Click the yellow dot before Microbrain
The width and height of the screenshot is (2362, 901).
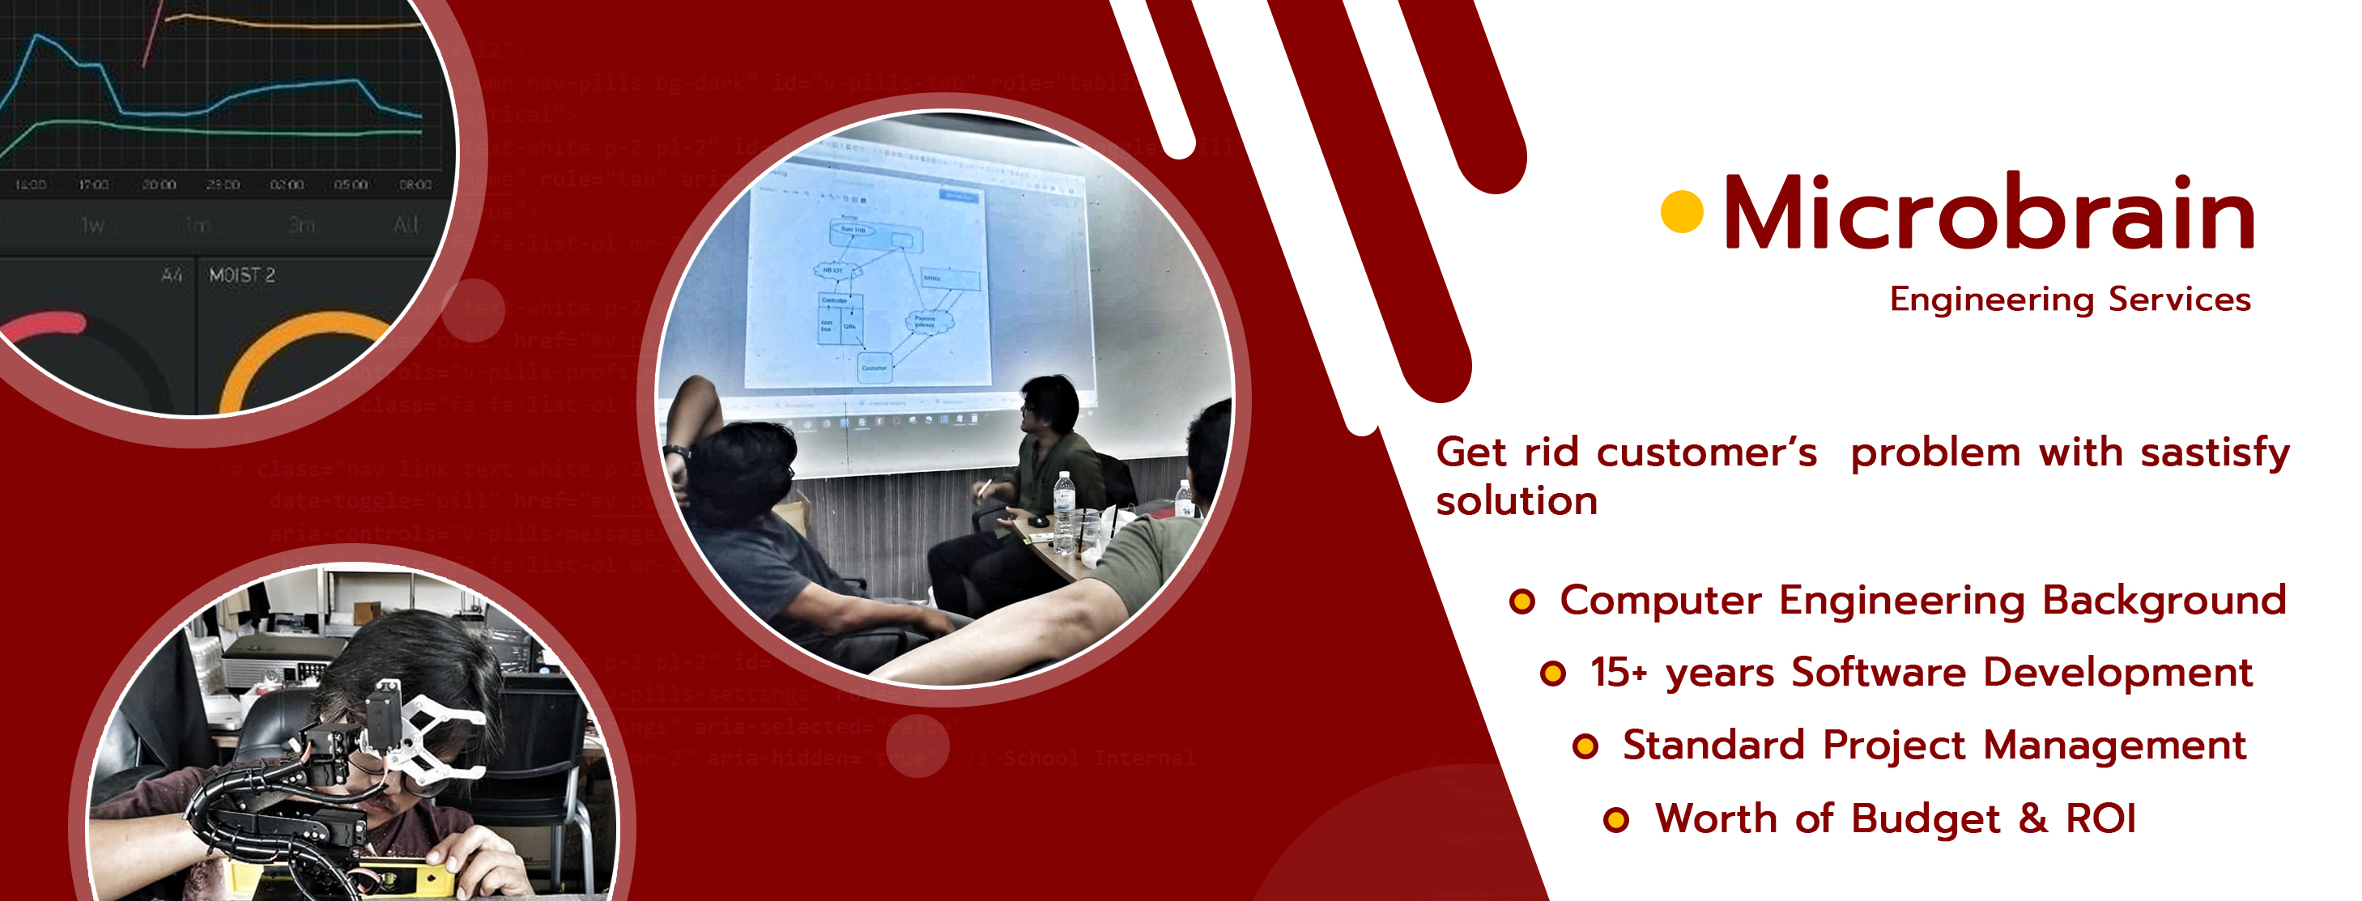[1682, 212]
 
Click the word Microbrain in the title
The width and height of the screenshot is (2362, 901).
[1988, 214]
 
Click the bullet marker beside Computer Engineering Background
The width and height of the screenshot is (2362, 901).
[1522, 601]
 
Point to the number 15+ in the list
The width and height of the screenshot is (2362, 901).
[1619, 673]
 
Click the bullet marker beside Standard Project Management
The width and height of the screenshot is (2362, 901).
[1585, 746]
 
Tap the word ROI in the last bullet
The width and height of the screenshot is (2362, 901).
[2100, 818]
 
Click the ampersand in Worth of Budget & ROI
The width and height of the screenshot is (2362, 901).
[2032, 818]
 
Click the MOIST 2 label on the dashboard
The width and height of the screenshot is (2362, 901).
[242, 275]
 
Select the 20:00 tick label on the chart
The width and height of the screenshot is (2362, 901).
[159, 185]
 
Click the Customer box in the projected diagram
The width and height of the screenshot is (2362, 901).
[874, 368]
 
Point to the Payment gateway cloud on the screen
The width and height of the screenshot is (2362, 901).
[927, 321]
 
